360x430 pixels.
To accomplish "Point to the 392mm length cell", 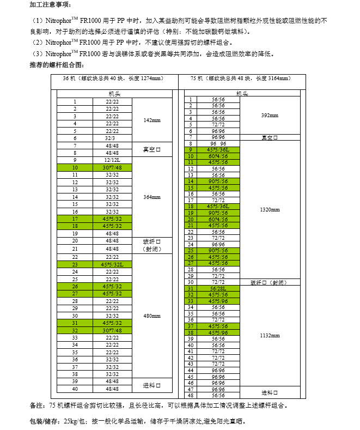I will pos(270,116).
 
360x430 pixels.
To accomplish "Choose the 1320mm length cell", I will pos(270,209).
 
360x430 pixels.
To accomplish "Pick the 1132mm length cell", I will pos(270,336).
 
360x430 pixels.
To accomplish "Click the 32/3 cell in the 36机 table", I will pos(112,138).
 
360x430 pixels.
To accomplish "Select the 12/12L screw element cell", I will pos(112,160).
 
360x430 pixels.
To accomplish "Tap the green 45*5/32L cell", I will pos(112,264).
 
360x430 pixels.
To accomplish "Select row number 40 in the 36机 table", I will pos(75,389).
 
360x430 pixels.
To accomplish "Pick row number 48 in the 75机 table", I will pos(191,395).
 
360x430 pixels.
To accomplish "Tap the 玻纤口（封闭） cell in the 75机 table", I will pos(270,282).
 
